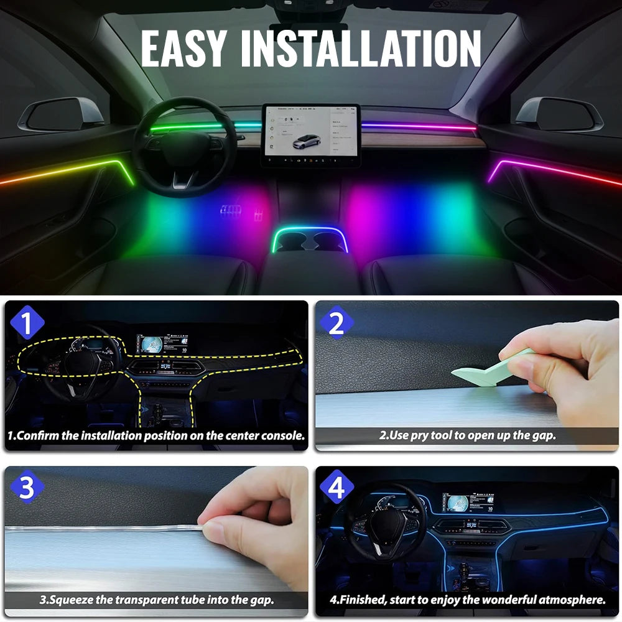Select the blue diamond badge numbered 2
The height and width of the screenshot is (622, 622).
coord(337,323)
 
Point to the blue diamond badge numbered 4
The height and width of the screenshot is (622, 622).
coord(337,488)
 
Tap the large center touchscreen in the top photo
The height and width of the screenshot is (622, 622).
coord(310,131)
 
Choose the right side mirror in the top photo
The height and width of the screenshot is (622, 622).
coord(559,114)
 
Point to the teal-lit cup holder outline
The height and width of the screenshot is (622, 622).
coord(310,239)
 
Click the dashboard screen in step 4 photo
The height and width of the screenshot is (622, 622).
coord(463,503)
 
